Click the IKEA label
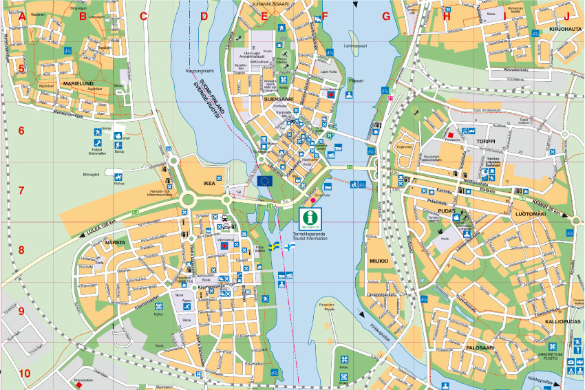point(209,184)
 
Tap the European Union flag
point(266,181)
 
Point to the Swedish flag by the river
point(275,245)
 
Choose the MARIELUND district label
point(78,83)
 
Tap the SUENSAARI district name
point(277,99)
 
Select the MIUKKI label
point(379,261)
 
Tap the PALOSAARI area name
point(481,348)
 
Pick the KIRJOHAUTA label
point(566,31)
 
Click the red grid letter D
point(204,16)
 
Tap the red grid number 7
point(21,191)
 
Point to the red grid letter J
point(567,16)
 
